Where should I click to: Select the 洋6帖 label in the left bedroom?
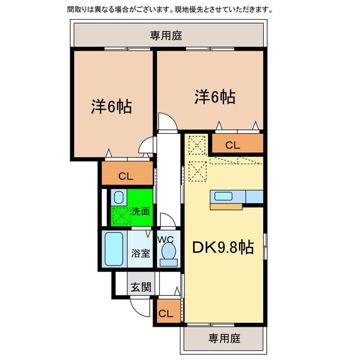tap(111, 106)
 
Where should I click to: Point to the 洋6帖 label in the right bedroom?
tap(215, 97)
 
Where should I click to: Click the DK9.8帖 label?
tap(223, 247)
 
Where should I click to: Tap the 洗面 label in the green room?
tap(141, 212)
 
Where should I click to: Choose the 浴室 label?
tap(141, 253)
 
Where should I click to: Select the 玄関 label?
tap(141, 287)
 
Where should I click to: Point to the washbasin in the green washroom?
tap(118, 197)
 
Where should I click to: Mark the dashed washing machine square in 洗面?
tap(120, 215)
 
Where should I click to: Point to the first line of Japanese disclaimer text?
tap(169, 10)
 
